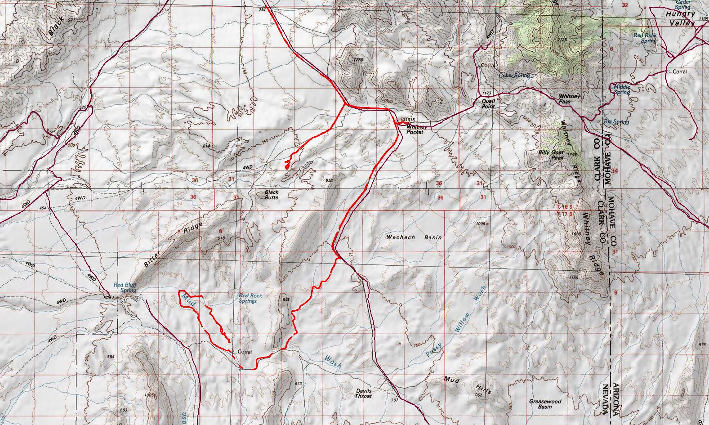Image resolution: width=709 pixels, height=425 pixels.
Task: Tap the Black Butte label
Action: tap(271, 195)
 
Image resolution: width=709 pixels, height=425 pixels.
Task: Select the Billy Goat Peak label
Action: tap(551, 155)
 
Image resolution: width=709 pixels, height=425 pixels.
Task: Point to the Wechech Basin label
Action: tap(414, 237)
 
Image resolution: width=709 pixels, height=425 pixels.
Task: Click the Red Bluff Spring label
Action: tap(125, 287)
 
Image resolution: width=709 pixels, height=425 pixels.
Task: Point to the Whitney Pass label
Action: tap(570, 99)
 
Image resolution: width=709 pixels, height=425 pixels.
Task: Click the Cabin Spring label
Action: tap(514, 76)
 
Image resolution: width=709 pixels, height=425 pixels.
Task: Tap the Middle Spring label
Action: tap(622, 89)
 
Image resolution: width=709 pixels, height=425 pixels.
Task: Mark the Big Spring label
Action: tap(616, 122)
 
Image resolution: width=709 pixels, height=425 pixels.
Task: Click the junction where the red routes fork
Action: tap(345, 105)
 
